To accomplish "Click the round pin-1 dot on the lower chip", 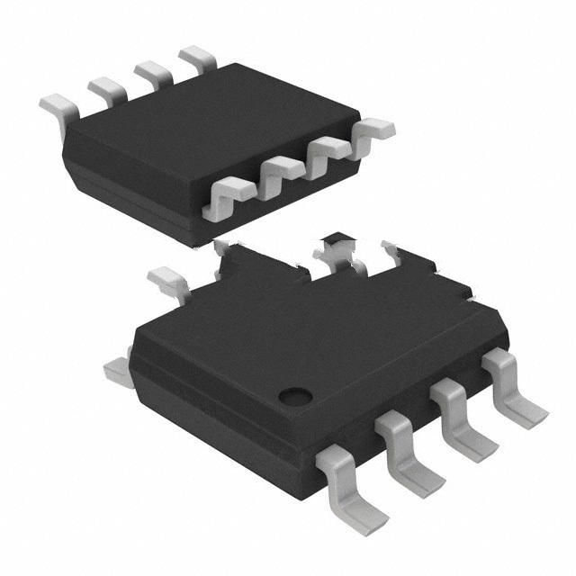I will coord(294,394).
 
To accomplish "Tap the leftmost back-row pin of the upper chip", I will coord(58,110).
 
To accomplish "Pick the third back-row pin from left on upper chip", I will coord(153,72).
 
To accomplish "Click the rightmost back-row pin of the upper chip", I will coord(197,58).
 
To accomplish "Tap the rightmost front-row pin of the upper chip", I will coord(373,130).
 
